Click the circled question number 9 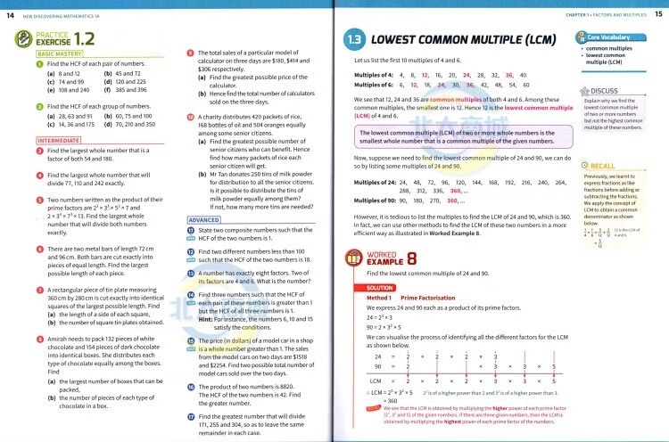[190, 53]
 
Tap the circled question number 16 [190, 386]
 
